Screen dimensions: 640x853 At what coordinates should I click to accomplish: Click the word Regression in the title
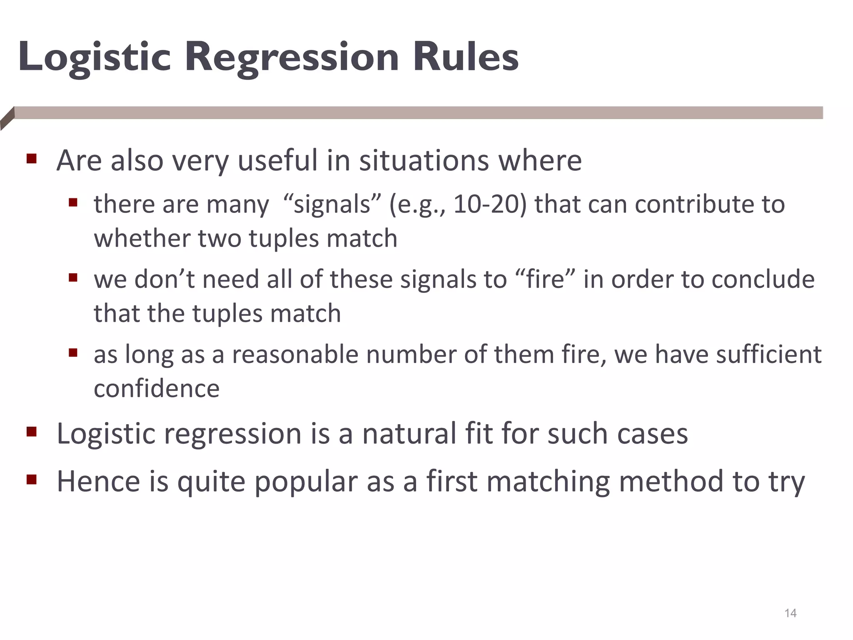click(292, 57)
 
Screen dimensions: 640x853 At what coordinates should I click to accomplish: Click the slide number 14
click(790, 613)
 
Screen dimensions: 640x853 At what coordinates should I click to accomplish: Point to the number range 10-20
click(490, 205)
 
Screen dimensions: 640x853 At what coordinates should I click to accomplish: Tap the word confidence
click(157, 388)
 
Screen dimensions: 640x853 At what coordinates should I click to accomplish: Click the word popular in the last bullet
click(306, 482)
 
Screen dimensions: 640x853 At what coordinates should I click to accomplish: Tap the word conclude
click(763, 279)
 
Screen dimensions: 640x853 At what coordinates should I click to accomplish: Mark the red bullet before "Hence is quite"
click(32, 480)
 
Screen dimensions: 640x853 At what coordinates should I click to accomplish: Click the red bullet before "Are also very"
click(32, 159)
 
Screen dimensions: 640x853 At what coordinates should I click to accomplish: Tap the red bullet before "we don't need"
click(73, 277)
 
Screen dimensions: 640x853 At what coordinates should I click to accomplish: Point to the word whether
click(142, 238)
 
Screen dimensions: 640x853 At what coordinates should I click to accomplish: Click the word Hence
click(98, 481)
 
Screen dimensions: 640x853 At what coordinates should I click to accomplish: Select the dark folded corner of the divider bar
click(7, 119)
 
